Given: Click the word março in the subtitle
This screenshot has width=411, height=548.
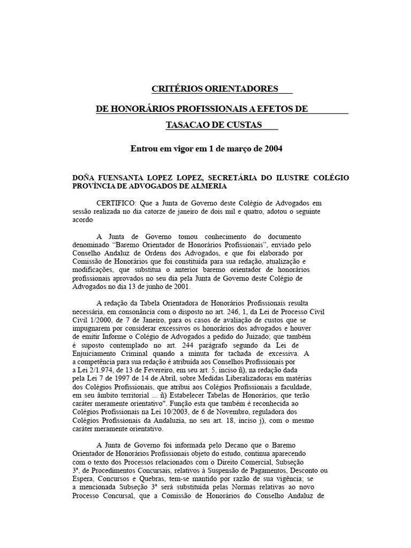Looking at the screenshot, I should pyautogui.click(x=234, y=148).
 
